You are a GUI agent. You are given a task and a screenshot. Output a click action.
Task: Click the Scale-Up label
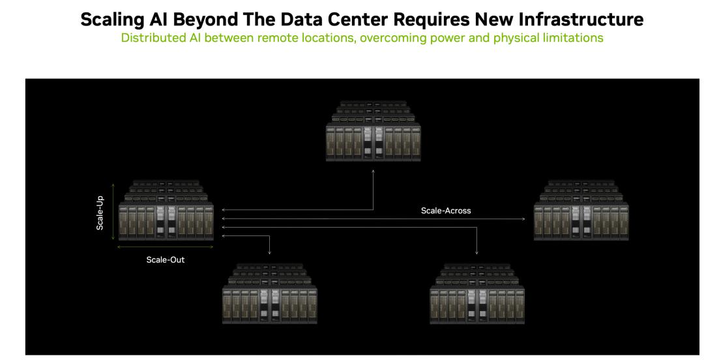click(100, 213)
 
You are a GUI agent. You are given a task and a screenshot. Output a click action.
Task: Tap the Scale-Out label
click(165, 260)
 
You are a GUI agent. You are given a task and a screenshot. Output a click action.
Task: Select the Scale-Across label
click(446, 211)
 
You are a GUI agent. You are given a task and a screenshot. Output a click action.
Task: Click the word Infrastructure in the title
click(581, 20)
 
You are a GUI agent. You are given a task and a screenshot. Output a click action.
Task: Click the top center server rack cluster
click(373, 131)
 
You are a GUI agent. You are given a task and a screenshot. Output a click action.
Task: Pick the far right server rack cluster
click(581, 211)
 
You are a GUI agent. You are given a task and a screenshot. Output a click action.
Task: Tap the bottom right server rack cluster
click(477, 293)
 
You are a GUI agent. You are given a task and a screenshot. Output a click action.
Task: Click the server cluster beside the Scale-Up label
click(166, 211)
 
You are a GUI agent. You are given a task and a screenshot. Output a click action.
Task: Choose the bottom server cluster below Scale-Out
click(270, 293)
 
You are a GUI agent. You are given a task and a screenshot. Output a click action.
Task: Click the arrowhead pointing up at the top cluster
click(373, 172)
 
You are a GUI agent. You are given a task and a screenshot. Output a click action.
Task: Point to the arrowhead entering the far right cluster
click(523, 219)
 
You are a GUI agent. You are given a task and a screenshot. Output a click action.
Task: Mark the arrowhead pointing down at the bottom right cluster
click(477, 252)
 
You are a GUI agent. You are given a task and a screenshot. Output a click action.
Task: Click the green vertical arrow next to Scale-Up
click(113, 211)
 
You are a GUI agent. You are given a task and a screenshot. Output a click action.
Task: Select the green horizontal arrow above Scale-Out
click(165, 247)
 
